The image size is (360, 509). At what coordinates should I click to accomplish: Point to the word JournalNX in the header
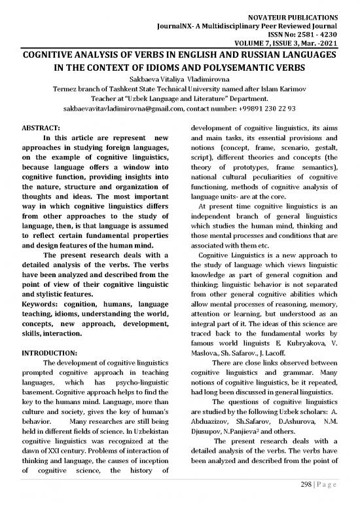coord(179,22)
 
